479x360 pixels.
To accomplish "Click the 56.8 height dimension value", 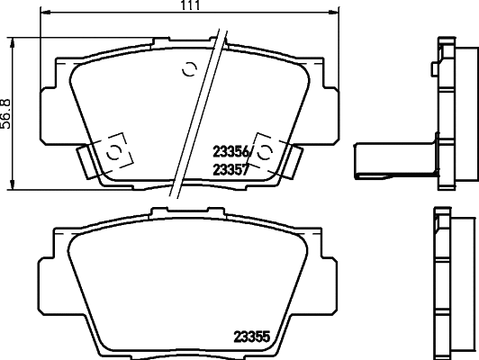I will point(6,112).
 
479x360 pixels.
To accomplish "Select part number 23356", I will point(231,152).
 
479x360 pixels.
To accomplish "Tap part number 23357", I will point(231,168).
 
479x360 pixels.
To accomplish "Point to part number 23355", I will point(253,340).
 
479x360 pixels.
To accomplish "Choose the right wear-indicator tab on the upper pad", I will point(293,162).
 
